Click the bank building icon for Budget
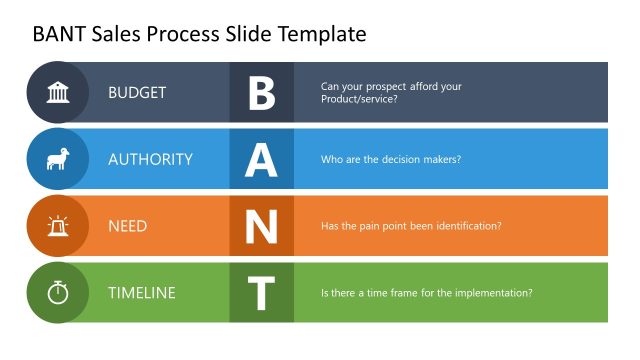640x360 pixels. click(57, 93)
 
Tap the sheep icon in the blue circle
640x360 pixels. click(57, 159)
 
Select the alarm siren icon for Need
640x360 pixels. click(57, 226)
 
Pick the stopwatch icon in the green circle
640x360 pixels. click(57, 293)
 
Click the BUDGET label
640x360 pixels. click(137, 93)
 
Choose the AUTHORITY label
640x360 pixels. click(150, 159)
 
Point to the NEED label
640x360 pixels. click(128, 226)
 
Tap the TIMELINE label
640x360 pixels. click(142, 293)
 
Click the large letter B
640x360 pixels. click(261, 93)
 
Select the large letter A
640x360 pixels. click(261, 160)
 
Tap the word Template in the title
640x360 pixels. click(317, 35)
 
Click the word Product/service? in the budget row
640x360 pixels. click(359, 100)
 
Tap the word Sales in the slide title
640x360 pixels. click(114, 35)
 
